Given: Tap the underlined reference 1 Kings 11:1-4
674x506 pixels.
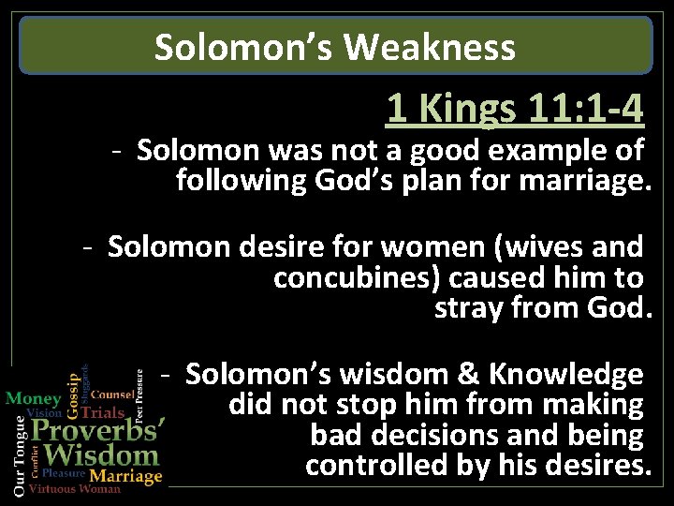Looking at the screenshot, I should click(x=515, y=110).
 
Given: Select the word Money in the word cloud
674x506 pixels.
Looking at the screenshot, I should click(x=33, y=398).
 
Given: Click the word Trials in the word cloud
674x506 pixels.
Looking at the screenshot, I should click(x=103, y=411).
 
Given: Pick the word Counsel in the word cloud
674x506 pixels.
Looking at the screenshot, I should click(x=111, y=394).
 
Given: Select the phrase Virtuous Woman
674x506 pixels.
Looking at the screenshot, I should click(x=75, y=489).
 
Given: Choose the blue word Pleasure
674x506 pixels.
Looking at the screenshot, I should click(x=64, y=474).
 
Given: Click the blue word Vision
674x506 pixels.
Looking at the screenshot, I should click(x=44, y=412).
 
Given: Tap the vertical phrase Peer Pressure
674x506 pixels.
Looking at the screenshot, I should click(x=139, y=394).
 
